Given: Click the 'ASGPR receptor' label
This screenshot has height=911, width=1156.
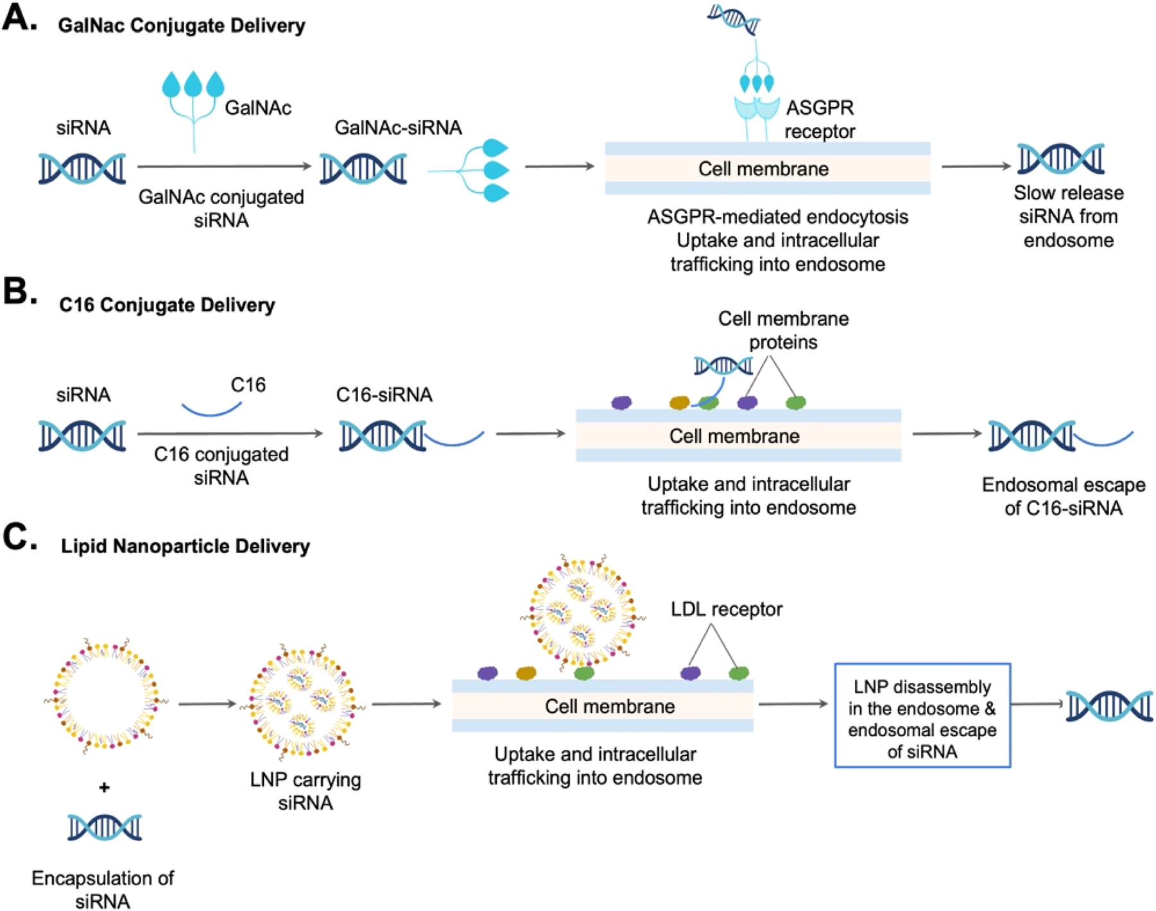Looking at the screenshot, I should pos(820,119).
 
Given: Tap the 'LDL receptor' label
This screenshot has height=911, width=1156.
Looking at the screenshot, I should pos(726,609).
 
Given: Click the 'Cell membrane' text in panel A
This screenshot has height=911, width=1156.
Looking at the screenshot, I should pos(763,169).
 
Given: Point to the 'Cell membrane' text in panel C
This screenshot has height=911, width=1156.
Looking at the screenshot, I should pos(610,706).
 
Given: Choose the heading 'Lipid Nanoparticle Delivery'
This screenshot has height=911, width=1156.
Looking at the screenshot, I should pos(185,546).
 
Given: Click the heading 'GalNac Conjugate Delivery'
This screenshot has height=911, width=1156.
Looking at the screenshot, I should pos(182,26).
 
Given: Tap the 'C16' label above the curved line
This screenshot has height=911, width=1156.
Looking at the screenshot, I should pos(248,385).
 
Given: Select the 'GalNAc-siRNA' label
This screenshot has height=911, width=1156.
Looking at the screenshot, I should pos(398,128).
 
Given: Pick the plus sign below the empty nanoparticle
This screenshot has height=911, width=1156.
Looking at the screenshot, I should pos(104,787).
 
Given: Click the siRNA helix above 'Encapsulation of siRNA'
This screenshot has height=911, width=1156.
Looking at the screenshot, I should pos(105,827).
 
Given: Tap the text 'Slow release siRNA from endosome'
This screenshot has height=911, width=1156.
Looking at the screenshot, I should pos(1068,216).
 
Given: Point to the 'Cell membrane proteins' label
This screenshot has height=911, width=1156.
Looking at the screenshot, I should pos(783,330).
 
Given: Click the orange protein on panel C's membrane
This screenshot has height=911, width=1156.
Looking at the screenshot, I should pos(526,673).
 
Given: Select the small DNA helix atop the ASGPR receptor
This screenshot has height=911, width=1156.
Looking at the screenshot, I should pos(734,19).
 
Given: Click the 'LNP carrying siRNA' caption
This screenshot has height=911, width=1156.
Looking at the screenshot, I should pos(306,791).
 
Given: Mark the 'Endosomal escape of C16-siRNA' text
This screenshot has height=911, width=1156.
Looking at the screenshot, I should pos(1064,496).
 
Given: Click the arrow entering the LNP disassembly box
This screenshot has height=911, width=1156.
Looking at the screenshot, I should pos(793,704).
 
